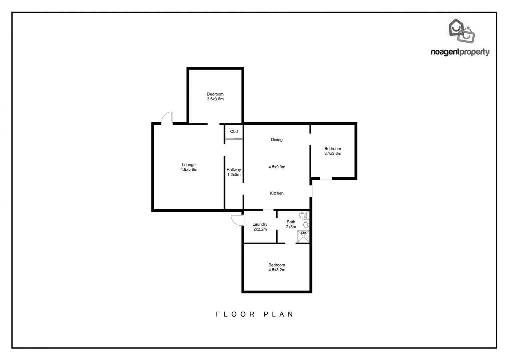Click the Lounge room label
coord(189,165)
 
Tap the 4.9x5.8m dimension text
coord(189,170)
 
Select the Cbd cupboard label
coord(234,132)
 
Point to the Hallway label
coord(234,170)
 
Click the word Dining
coord(277,140)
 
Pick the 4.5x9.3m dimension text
coord(277,167)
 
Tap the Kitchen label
coord(277,193)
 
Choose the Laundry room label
coord(260,224)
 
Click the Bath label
coord(291,222)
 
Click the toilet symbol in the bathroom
coord(303,215)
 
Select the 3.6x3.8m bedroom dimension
coord(215,99)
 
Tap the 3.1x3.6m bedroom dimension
coord(333,154)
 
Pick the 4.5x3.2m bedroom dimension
coord(277,270)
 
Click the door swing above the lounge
coord(167,118)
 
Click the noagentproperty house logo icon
coord(461,31)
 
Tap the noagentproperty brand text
coord(460,52)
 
